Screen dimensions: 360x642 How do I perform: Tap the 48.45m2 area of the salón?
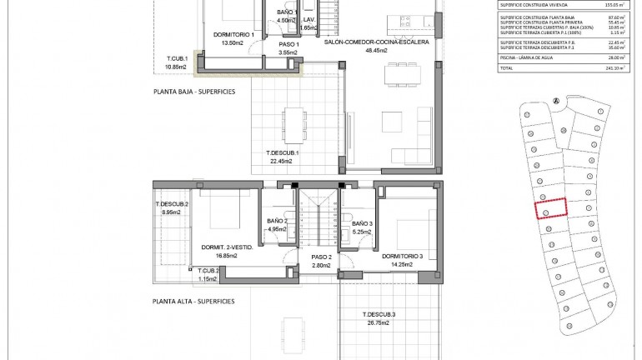coord(383,50)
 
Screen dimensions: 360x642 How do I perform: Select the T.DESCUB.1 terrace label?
coord(282,152)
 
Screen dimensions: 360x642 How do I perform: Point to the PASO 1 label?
coord(288,43)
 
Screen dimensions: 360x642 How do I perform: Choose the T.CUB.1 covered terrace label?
coord(175,57)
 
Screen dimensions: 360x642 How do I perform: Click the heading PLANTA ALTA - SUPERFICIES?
coord(193,300)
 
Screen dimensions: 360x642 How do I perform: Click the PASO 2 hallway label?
coord(322,257)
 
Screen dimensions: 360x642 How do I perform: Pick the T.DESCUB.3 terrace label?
coord(379,314)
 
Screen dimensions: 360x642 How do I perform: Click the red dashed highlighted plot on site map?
coord(549,208)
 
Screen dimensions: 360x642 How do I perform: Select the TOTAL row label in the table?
coord(508,68)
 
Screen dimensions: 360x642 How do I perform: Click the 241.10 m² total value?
coord(616,68)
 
